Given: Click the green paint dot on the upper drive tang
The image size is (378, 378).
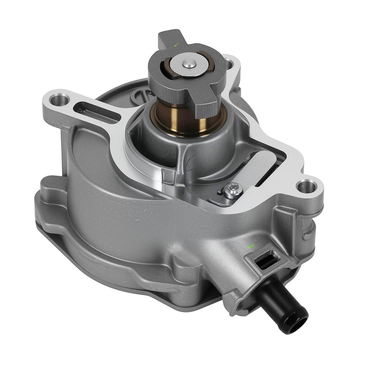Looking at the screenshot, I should click(x=176, y=45).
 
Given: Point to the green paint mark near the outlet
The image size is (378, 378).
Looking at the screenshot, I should click(x=249, y=246).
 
